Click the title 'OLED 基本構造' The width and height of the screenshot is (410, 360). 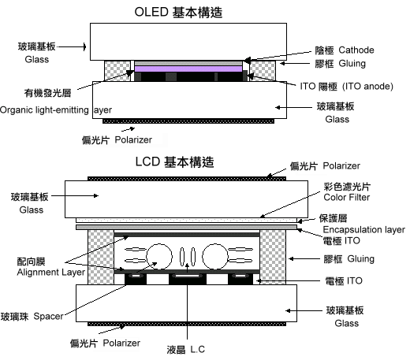(178, 13)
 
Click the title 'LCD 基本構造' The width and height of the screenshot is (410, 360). (175, 161)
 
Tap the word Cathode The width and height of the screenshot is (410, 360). (356, 50)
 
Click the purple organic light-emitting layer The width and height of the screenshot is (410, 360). (188, 69)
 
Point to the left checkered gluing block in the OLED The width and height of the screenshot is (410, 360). (117, 71)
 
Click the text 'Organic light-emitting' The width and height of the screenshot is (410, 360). (44, 109)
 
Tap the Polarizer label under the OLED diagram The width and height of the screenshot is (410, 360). (133, 139)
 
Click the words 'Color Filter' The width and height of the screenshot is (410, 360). (347, 197)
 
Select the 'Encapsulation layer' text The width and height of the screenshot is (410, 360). (364, 229)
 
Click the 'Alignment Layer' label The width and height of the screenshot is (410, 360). (51, 272)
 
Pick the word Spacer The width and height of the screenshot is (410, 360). (48, 316)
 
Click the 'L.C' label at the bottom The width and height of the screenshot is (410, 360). (197, 350)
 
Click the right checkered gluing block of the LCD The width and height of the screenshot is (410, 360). (273, 257)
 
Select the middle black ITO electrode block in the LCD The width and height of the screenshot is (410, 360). (188, 279)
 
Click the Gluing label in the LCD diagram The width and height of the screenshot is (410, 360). (360, 258)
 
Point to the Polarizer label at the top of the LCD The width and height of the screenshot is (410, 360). (341, 165)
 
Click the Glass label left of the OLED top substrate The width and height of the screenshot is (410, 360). (37, 59)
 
